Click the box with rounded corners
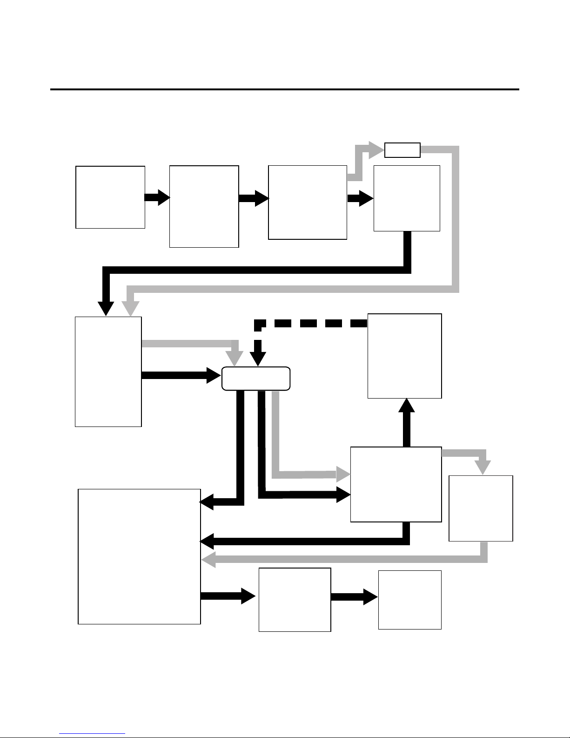[x=256, y=379]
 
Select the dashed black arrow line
[x=312, y=323]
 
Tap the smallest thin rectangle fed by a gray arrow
[x=402, y=150]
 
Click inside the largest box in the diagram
[x=139, y=556]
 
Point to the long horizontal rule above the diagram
[x=284, y=89]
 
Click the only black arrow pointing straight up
[x=407, y=421]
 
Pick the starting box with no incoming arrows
[x=110, y=197]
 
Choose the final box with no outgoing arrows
[x=409, y=600]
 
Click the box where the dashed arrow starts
[x=404, y=356]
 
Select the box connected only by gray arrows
[x=481, y=508]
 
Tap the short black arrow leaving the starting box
[x=157, y=197]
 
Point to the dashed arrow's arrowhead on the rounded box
[x=258, y=359]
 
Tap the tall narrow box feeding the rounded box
[x=108, y=371]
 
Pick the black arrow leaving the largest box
[x=228, y=596]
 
